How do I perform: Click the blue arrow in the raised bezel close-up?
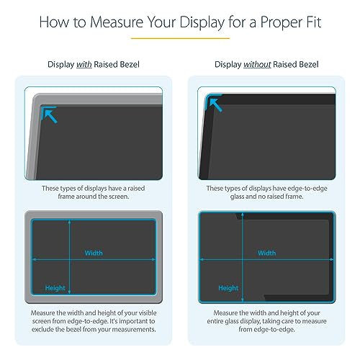49,114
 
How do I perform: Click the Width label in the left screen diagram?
94,253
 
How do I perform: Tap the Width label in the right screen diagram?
266,253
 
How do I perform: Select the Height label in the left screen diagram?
55,287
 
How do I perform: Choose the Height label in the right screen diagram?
228,287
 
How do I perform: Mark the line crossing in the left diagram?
68,258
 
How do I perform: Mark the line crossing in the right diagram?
241,258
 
